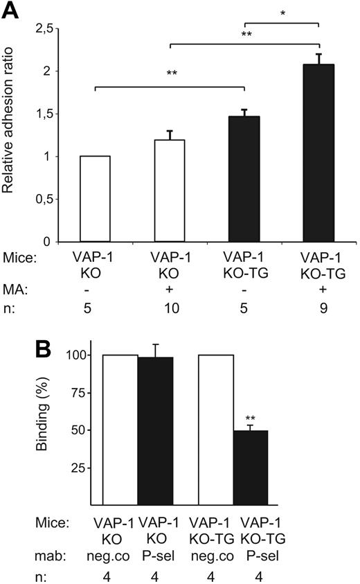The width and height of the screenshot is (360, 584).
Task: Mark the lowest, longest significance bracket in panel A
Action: [x=170, y=87]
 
